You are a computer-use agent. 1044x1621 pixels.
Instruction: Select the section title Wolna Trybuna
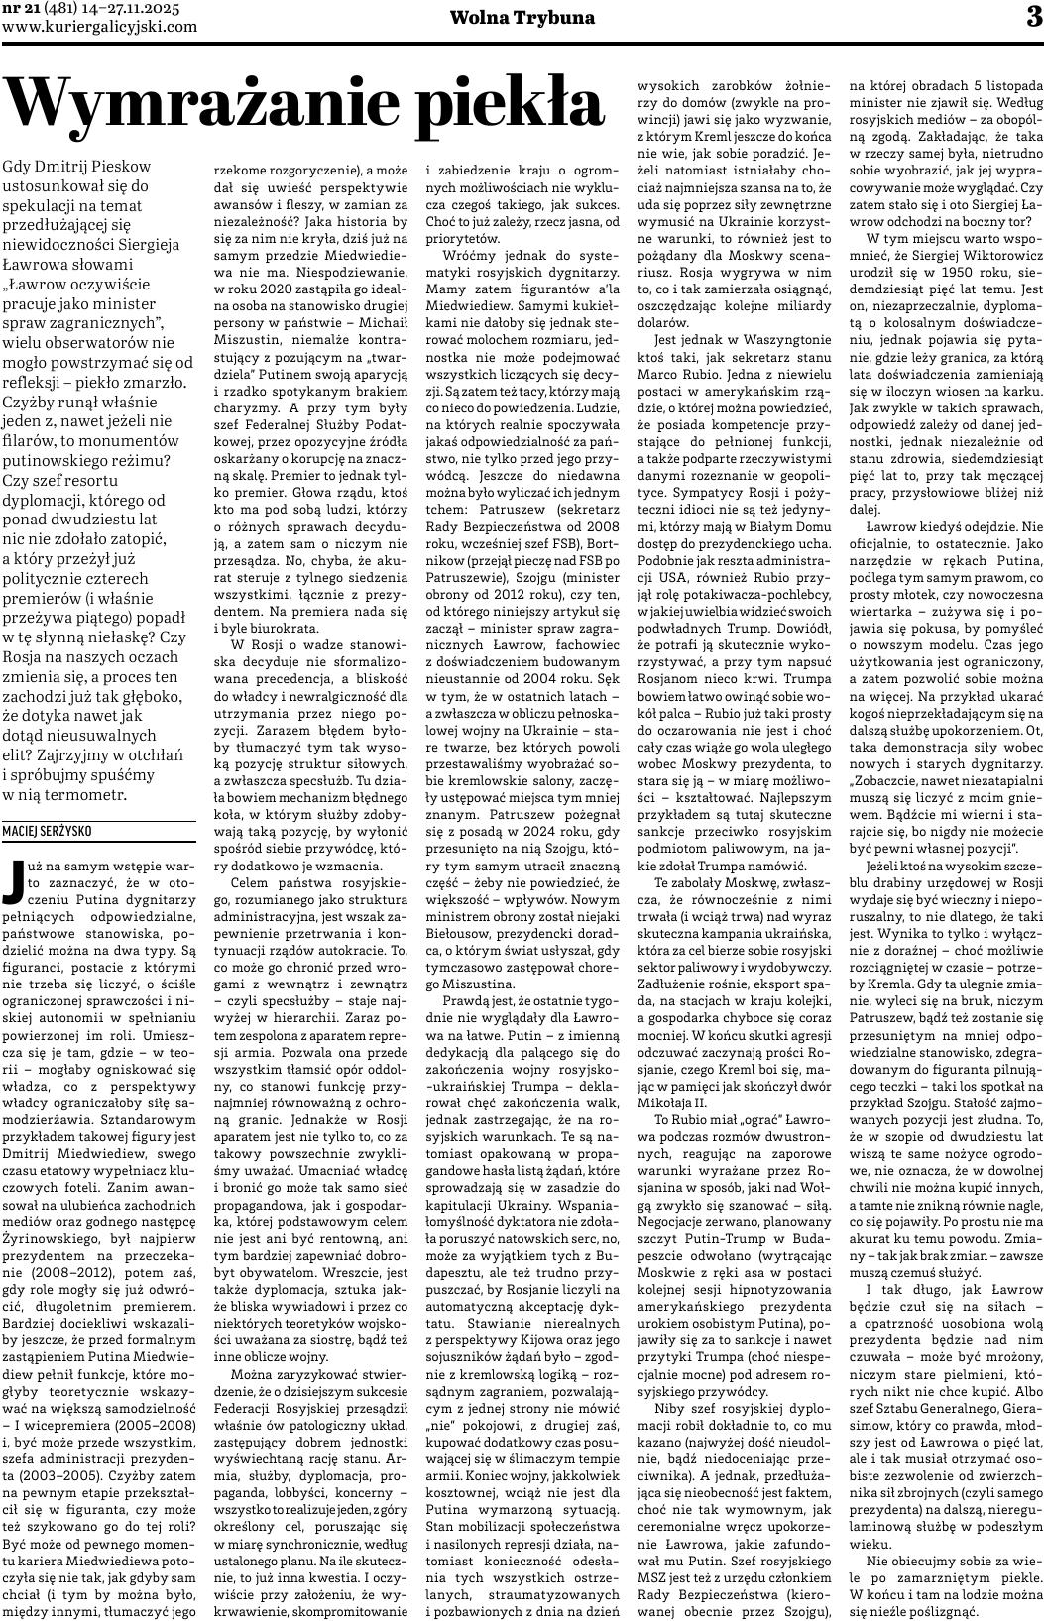522,18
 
